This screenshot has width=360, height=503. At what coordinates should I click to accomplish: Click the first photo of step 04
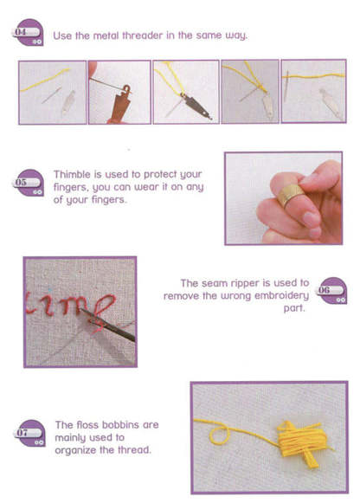(52, 91)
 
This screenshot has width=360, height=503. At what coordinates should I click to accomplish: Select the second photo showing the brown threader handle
(119, 91)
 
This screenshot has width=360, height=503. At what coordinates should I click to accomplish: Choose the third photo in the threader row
(184, 91)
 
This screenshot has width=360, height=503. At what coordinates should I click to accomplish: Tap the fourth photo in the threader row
(249, 91)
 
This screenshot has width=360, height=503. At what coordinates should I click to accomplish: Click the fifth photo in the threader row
(313, 91)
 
